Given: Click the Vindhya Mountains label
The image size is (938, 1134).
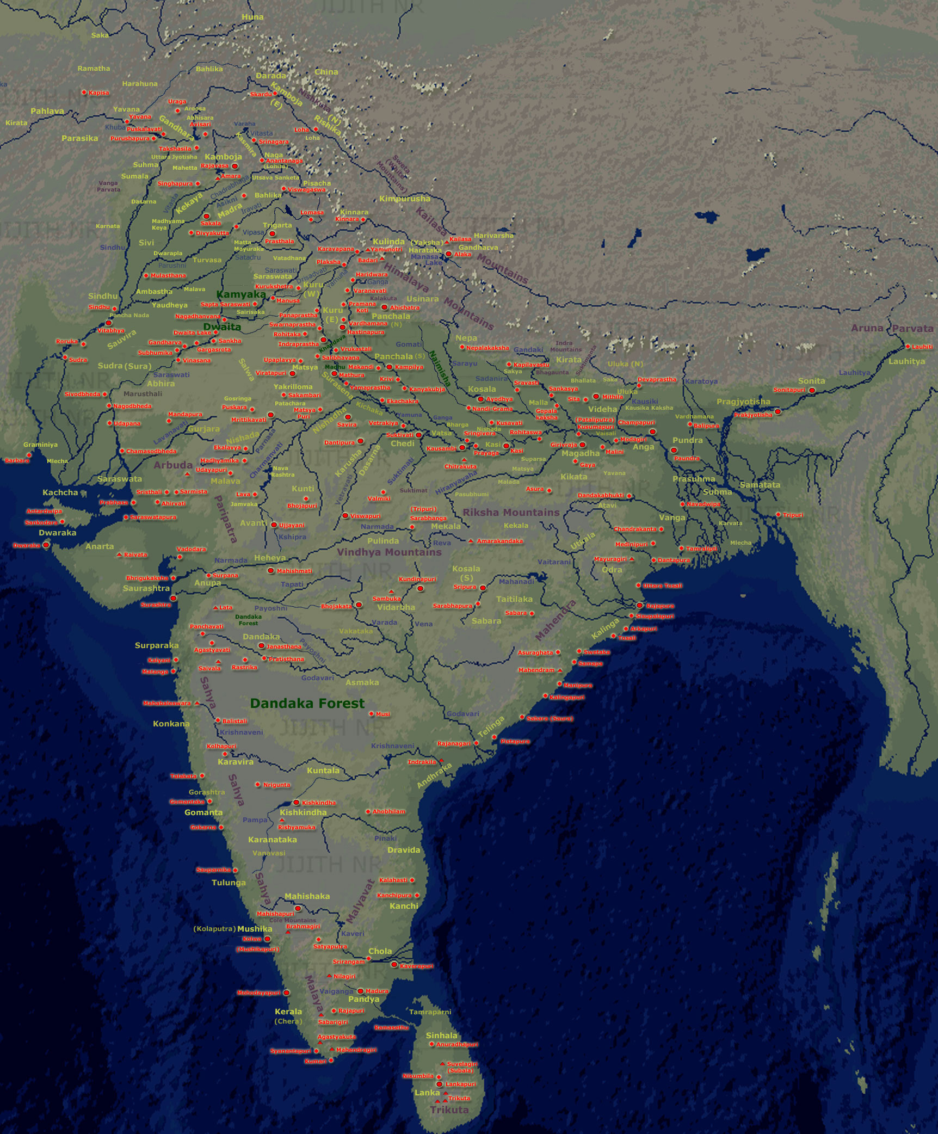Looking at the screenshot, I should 389,552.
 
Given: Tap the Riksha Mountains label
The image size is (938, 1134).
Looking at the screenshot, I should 511,513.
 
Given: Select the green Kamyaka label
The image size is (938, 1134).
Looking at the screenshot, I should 241,295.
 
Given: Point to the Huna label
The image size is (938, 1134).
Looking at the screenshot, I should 252,17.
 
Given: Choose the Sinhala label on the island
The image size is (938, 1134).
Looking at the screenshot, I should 441,1036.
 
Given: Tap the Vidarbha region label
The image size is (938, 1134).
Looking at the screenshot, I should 396,607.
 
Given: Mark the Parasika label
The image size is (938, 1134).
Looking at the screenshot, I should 79,138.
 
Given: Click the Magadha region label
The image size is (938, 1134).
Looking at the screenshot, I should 581,453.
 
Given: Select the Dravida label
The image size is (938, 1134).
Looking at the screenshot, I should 404,850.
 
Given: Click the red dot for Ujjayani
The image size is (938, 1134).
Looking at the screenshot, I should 274,525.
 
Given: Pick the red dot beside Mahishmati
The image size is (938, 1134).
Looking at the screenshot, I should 271,571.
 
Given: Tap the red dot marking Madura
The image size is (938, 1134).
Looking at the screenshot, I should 360,991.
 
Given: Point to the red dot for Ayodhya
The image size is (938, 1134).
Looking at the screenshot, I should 480,399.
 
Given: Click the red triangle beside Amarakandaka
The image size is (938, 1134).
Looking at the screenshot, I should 471,541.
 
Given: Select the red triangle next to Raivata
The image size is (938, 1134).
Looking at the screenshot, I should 119,554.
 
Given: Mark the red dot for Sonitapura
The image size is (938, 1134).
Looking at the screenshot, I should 812,390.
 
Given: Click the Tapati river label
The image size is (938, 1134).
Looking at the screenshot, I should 292,584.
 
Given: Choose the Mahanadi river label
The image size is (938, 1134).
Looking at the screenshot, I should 516,582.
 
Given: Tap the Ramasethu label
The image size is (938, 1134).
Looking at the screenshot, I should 391,1028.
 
